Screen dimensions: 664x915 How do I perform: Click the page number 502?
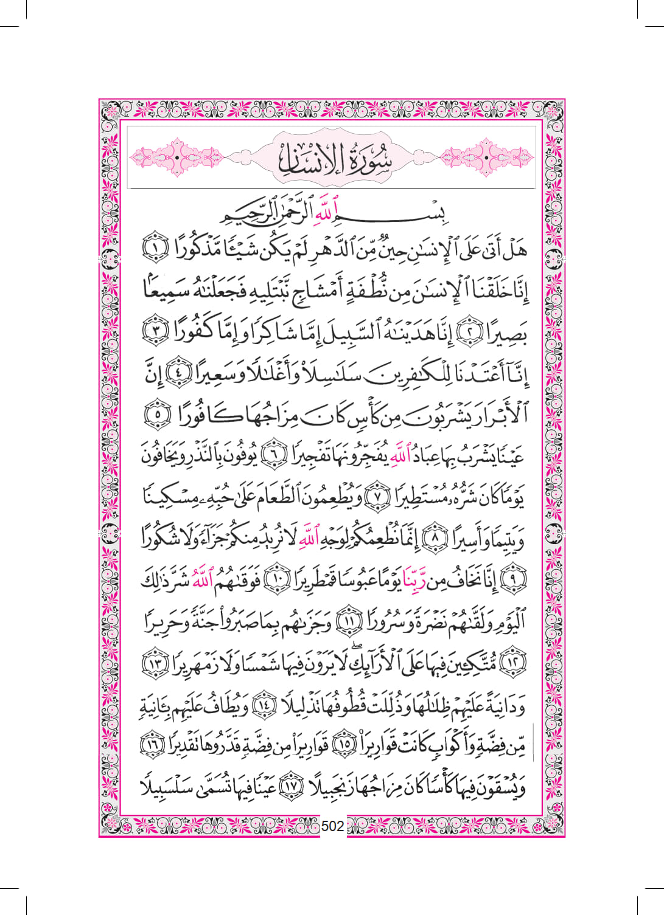coord(332,826)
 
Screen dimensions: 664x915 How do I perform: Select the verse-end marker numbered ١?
coord(154,249)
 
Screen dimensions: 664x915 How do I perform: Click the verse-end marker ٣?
coord(154,332)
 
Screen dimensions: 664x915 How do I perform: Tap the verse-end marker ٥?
coord(156,415)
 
